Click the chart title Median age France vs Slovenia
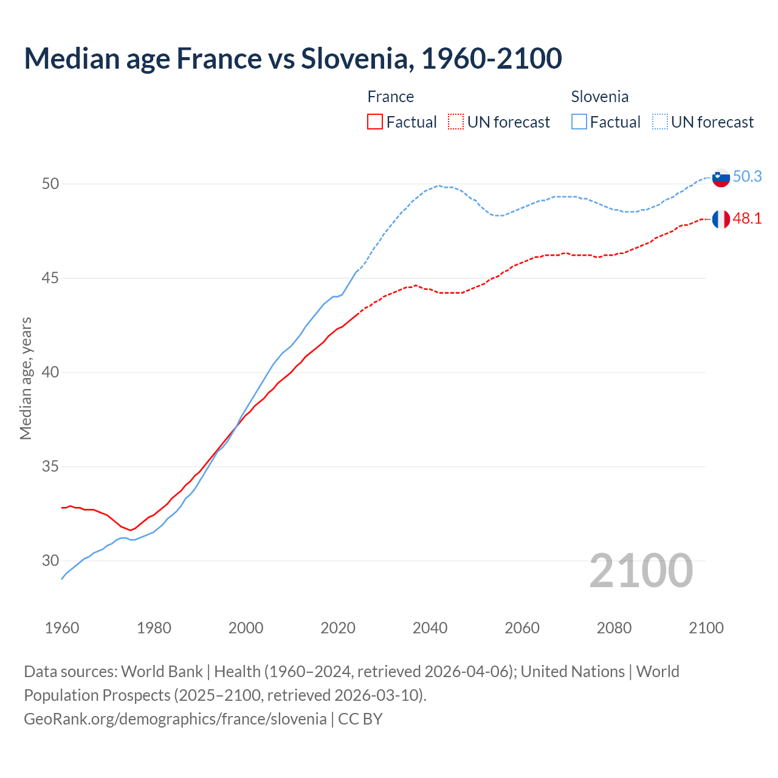coord(292,59)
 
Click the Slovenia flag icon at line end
coord(720,177)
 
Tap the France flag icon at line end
coord(720,219)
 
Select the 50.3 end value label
coord(747,177)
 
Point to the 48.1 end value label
coord(747,219)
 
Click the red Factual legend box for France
coord(375,122)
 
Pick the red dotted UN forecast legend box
coord(456,122)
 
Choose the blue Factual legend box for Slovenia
coord(579,122)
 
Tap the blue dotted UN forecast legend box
coord(660,122)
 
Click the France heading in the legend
coord(391,97)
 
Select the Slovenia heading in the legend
coord(600,97)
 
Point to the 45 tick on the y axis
coord(50,278)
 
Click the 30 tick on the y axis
coord(50,561)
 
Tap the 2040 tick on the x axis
coord(430,628)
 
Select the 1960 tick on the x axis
coord(62,628)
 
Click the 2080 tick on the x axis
coord(614,628)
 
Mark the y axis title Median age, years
coord(26,378)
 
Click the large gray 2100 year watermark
coord(641,570)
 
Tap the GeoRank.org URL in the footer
coord(175,719)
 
